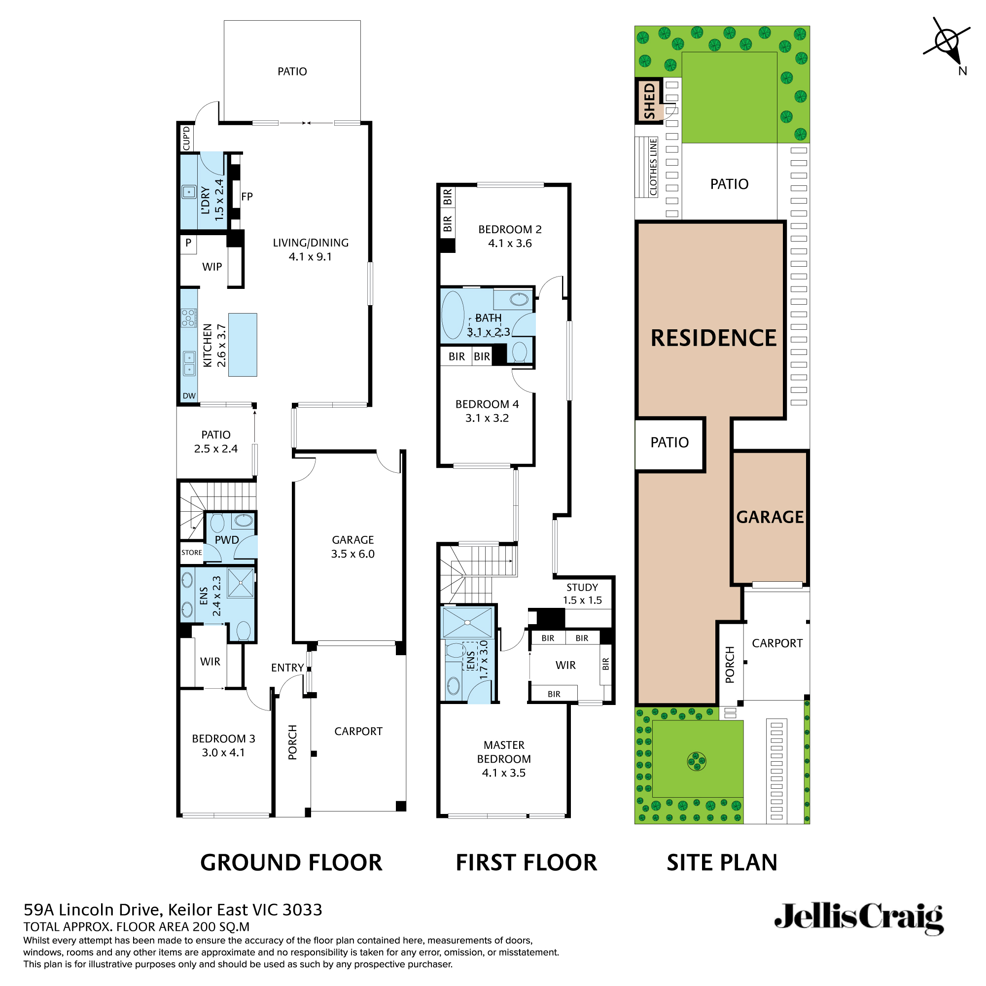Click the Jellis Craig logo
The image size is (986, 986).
point(858,918)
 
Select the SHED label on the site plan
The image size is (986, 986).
point(649,101)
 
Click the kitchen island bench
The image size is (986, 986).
point(243,345)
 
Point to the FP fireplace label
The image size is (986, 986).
point(247,197)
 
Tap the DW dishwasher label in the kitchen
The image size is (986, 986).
point(189,395)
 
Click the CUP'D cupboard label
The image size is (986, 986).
point(186,138)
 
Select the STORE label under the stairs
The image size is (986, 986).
point(191,552)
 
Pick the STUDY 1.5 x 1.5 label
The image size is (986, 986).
point(582,594)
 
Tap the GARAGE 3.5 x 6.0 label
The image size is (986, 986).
point(352,547)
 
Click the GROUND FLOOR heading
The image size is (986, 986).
point(291,862)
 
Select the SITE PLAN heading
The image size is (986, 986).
point(722,862)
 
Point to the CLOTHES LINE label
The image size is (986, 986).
point(653,167)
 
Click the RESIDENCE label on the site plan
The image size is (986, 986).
point(713,337)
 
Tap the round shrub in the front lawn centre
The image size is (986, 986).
point(697,762)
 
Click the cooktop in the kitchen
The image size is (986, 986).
point(188,317)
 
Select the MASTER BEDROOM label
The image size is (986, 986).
point(504,758)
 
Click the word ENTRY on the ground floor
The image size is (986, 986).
point(287,668)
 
